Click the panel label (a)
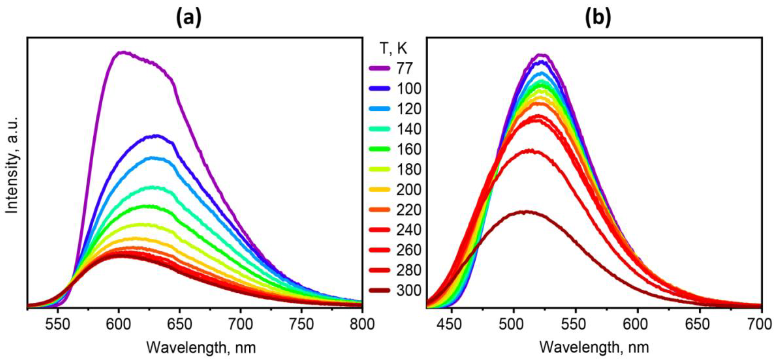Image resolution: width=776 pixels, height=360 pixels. coord(189,19)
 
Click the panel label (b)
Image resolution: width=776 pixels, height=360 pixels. coord(598,19)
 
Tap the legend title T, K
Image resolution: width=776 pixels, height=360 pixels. coord(393,48)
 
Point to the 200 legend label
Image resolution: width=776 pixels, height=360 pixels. coord(409,190)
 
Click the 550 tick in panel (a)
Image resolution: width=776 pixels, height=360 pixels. coord(58,325)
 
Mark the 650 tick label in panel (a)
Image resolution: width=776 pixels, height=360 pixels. coord(180,325)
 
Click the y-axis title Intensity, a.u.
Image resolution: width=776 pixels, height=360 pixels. coord(13,165)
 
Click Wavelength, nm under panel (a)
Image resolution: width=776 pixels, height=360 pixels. coord(201,348)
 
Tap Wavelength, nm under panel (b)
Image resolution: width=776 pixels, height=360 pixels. coord(594,348)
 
